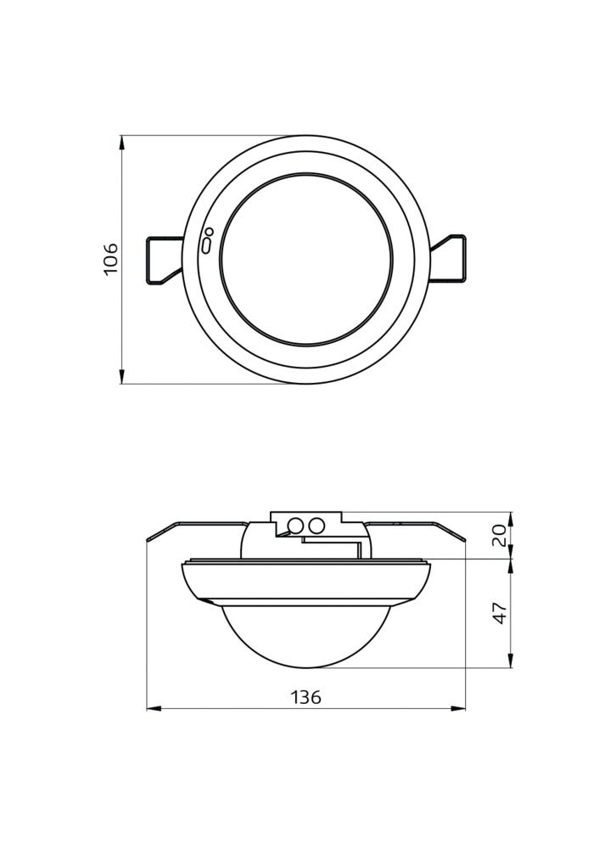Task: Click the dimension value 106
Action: coord(110,259)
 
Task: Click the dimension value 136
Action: coord(306,698)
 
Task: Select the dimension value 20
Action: coord(500,534)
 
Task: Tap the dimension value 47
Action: coord(500,612)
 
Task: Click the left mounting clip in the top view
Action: coord(164,259)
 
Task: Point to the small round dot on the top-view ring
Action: coord(209,232)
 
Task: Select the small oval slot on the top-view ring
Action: coord(206,245)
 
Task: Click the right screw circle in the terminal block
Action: coord(316,526)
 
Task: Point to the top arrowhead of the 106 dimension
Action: coord(122,142)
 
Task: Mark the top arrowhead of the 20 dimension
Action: coord(510,518)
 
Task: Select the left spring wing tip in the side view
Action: coord(149,538)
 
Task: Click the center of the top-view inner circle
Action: coord(306,259)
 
